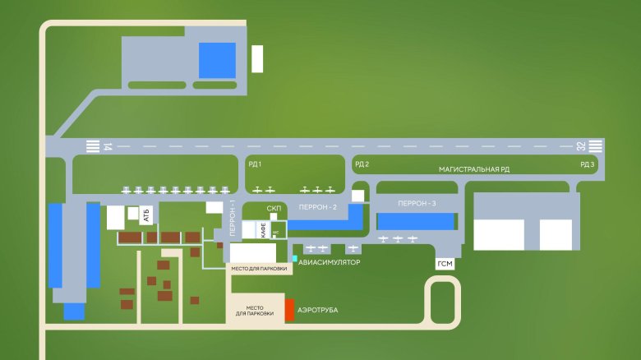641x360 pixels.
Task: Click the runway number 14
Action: pyautogui.click(x=108, y=147)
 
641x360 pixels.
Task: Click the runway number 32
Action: pyautogui.click(x=581, y=147)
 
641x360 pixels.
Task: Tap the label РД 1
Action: pyautogui.click(x=255, y=164)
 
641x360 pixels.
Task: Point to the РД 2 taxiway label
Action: pyautogui.click(x=362, y=164)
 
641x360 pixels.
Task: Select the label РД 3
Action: pyautogui.click(x=587, y=164)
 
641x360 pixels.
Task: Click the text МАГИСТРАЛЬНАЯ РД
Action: pyautogui.click(x=474, y=169)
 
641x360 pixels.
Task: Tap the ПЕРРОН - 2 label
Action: pyautogui.click(x=318, y=207)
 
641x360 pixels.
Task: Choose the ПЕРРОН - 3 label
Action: pyautogui.click(x=416, y=202)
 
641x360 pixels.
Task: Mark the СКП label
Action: pyautogui.click(x=274, y=209)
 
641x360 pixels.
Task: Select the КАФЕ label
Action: pyautogui.click(x=263, y=230)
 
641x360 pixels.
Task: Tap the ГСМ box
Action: pyautogui.click(x=445, y=264)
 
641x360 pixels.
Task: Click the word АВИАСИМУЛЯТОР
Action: pyautogui.click(x=330, y=262)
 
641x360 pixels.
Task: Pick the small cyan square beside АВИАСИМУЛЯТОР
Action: pyautogui.click(x=293, y=259)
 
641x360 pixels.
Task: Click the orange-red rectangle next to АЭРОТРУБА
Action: pyautogui.click(x=289, y=311)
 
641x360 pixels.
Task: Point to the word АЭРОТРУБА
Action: pyautogui.click(x=318, y=311)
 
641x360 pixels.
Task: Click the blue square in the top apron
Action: pyautogui.click(x=217, y=60)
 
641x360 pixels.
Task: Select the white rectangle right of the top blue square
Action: pyautogui.click(x=257, y=59)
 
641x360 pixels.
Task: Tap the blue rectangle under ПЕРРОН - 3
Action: pyautogui.click(x=416, y=221)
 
